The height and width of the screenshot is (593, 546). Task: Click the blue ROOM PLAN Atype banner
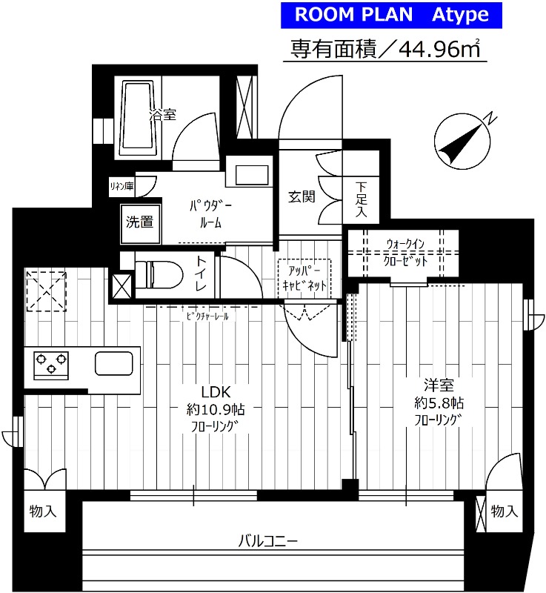[391, 14]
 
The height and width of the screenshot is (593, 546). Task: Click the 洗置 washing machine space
[139, 222]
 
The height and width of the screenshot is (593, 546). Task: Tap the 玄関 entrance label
[302, 196]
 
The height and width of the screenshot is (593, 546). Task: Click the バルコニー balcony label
[267, 541]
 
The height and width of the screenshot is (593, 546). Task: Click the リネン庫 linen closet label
[121, 186]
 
